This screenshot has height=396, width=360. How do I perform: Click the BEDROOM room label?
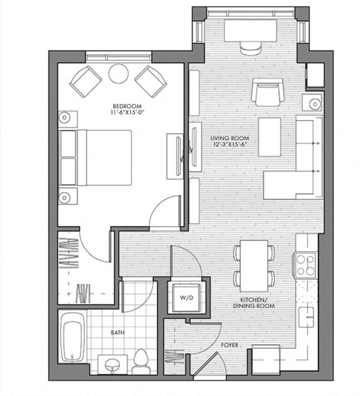(x=127, y=106)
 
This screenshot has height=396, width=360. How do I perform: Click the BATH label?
(x=117, y=333)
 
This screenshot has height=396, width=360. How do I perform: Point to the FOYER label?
(x=230, y=345)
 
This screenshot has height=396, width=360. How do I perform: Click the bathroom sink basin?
(x=112, y=365)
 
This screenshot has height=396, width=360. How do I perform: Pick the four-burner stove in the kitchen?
(x=305, y=264)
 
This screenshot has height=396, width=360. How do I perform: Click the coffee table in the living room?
(x=270, y=137)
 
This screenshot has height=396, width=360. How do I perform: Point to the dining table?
(x=254, y=265)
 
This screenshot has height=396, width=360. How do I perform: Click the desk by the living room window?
(x=251, y=31)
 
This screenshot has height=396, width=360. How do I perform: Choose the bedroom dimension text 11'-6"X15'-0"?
(x=127, y=113)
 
